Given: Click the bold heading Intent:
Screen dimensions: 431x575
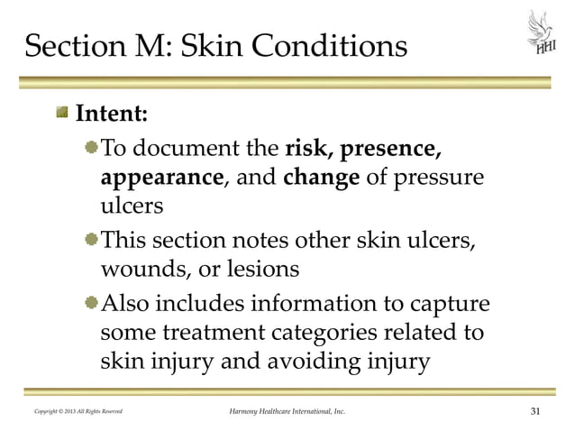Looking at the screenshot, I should click(111, 116).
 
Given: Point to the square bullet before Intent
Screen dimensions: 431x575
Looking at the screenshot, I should click(62, 115).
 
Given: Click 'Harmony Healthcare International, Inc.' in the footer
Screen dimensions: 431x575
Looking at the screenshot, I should click(286, 413).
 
